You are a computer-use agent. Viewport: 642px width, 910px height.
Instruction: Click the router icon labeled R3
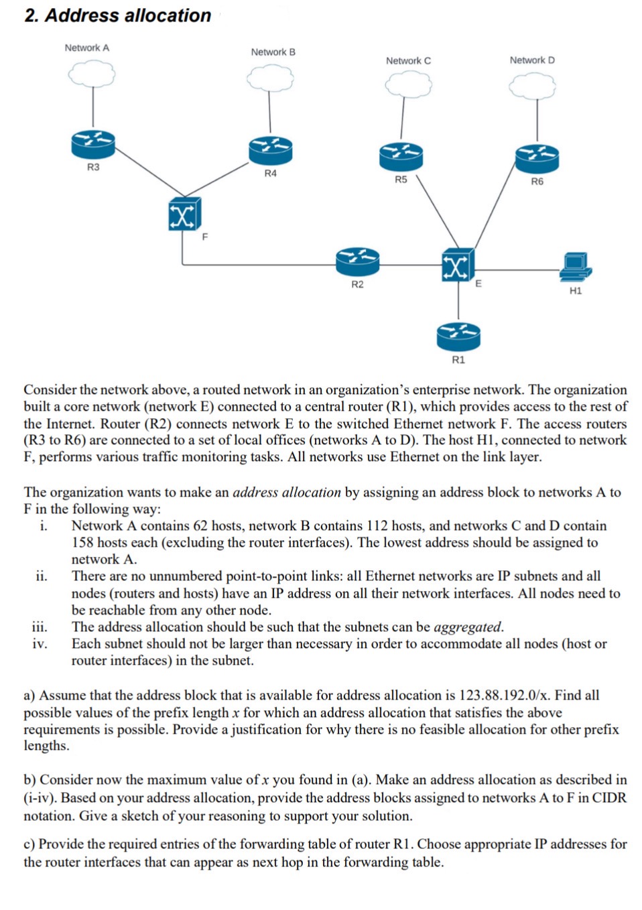point(92,143)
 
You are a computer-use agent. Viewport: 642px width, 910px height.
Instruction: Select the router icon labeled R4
point(270,150)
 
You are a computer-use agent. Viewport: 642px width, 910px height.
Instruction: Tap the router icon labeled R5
point(401,156)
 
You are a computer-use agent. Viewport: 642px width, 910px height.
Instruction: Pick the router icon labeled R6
point(537,158)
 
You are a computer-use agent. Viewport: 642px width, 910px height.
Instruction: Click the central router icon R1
point(458,336)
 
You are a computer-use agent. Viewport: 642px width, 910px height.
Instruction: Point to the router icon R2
point(357,261)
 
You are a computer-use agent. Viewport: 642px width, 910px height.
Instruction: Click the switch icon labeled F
point(184,214)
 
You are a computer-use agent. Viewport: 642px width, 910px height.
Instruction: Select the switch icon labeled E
point(458,265)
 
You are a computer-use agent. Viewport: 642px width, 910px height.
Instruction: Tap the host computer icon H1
point(575,267)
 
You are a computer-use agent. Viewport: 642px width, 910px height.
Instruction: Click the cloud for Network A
point(92,74)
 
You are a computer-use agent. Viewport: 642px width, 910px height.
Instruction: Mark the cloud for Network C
point(407,84)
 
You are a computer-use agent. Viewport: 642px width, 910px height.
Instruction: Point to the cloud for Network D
point(532,86)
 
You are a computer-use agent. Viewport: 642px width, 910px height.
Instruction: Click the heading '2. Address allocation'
point(118,15)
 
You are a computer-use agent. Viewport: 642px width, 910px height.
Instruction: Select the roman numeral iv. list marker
point(40,644)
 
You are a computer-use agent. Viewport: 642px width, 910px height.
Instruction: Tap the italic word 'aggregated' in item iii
point(468,627)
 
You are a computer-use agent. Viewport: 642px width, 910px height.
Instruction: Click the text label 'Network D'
point(532,60)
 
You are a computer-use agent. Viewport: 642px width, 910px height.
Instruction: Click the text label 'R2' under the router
point(357,285)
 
